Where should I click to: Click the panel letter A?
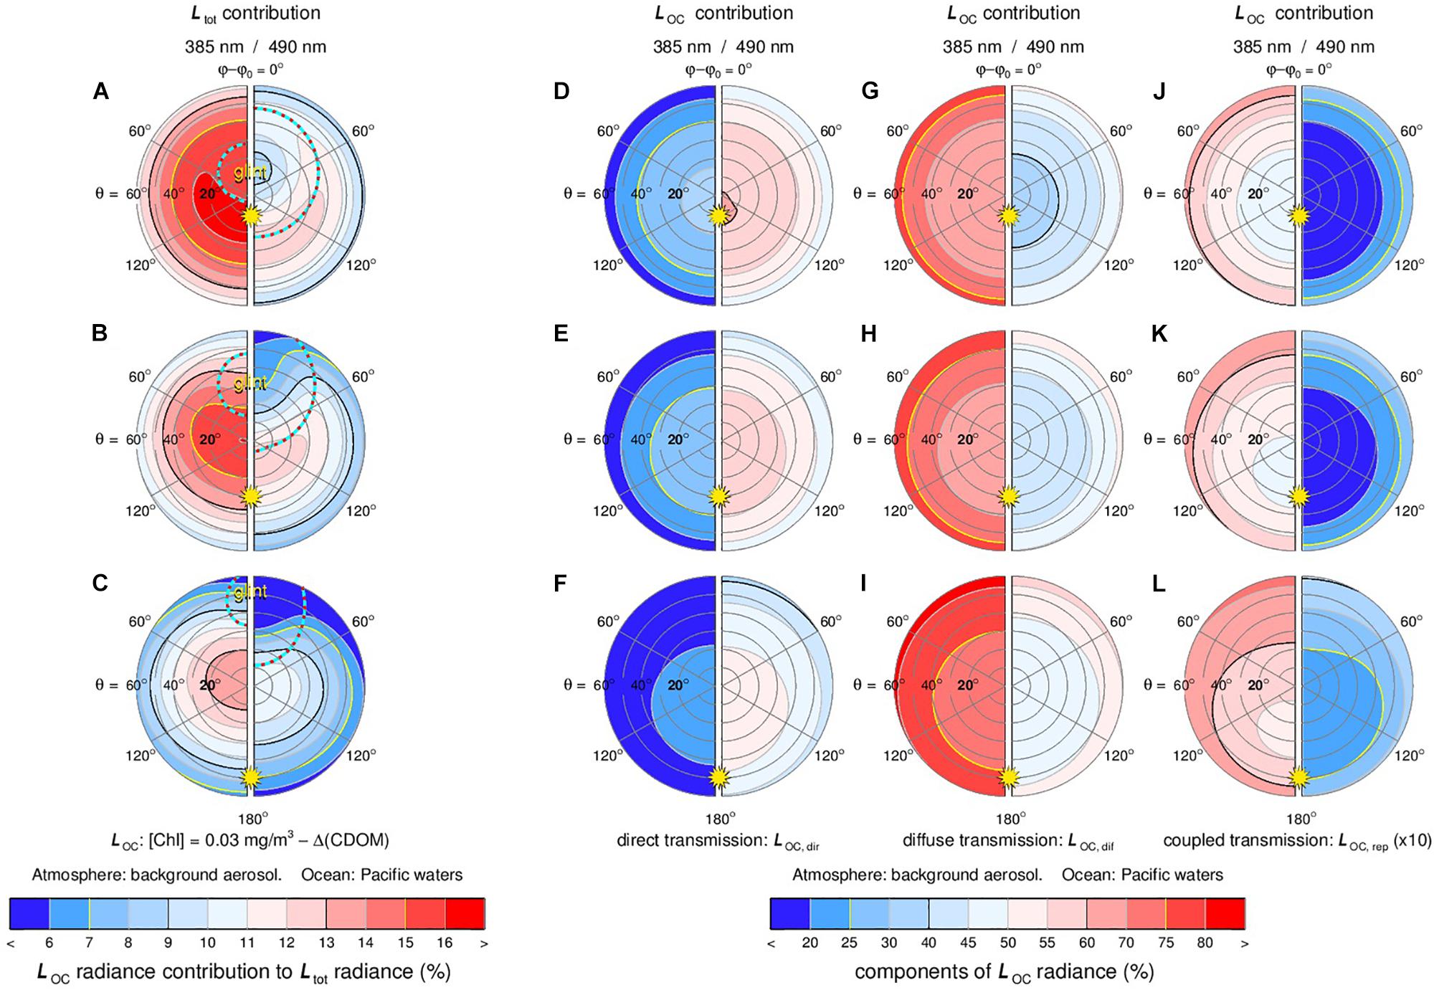click(x=100, y=92)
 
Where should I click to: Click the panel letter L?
click(x=1157, y=584)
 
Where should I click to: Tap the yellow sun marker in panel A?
click(x=250, y=215)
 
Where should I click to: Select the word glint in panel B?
click(x=250, y=384)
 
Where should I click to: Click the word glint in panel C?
click(x=250, y=591)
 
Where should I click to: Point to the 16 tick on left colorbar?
click(x=445, y=943)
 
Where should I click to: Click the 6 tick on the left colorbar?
click(x=49, y=943)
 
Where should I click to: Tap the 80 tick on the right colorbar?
click(x=1205, y=943)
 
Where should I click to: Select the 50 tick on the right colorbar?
click(x=1007, y=943)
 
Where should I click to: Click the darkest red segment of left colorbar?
click(x=465, y=913)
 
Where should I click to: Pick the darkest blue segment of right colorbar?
click(x=790, y=913)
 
